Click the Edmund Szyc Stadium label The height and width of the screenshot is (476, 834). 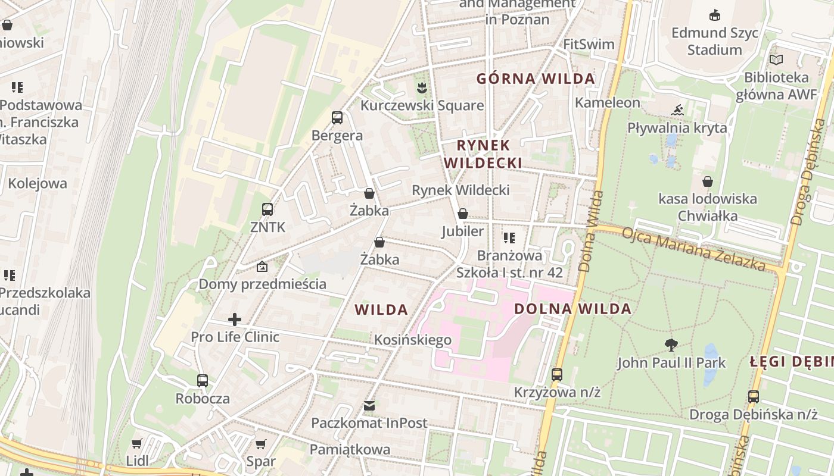tap(715, 40)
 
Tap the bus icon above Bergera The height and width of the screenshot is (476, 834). tap(337, 118)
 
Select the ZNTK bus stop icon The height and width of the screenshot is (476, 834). tap(267, 209)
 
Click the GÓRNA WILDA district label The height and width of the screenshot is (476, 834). tap(536, 79)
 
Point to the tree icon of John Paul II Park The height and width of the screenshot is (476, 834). tap(671, 345)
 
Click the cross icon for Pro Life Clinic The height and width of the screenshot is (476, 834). tap(235, 320)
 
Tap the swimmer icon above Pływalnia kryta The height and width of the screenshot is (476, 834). tap(677, 110)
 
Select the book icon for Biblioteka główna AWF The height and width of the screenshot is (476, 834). tap(776, 59)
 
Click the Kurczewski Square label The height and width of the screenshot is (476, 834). tap(422, 105)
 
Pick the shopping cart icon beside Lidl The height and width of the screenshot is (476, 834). tap(137, 443)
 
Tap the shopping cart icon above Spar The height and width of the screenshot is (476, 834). tap(260, 444)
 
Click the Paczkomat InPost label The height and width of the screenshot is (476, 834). tap(369, 423)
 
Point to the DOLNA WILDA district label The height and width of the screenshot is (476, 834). tap(572, 309)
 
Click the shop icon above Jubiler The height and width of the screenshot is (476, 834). tap(462, 214)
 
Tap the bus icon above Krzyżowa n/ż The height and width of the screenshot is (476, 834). tap(557, 375)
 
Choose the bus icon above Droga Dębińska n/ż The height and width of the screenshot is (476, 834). tap(754, 396)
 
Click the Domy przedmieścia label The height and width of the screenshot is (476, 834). tap(262, 284)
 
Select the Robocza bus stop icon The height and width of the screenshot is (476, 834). tap(203, 381)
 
